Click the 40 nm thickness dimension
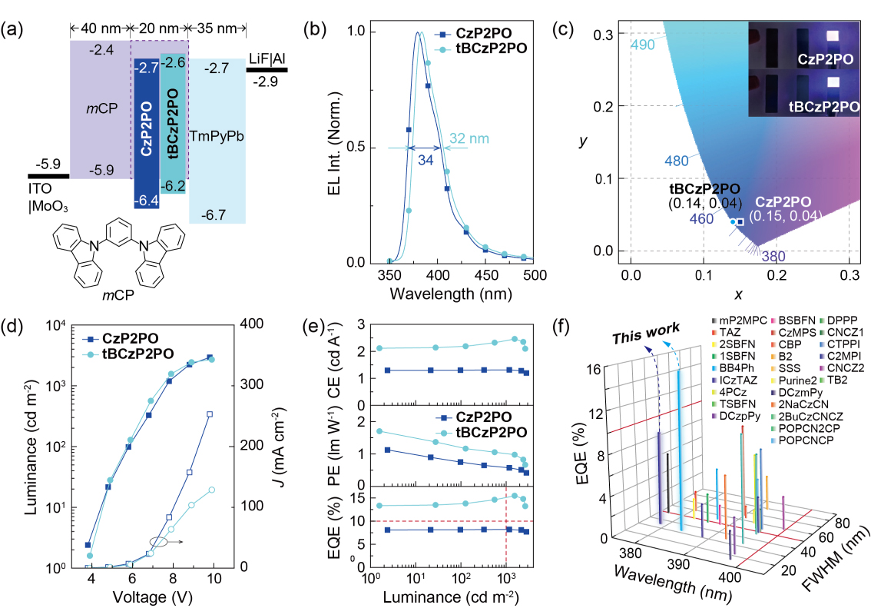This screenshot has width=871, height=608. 100,29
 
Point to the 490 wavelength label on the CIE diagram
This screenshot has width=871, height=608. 643,45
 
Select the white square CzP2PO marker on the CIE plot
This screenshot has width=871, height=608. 740,222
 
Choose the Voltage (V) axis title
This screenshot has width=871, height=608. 151,596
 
